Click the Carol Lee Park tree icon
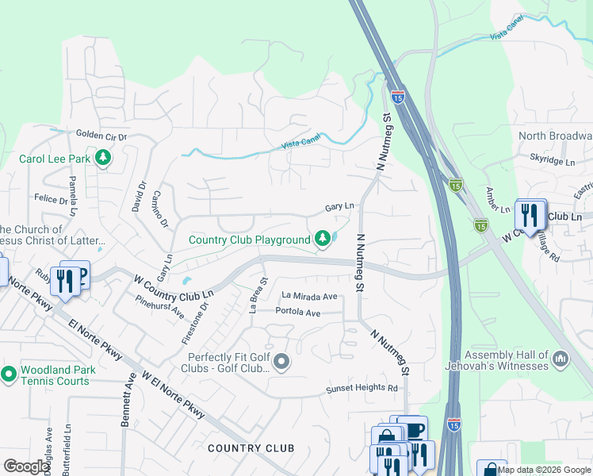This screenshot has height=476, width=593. (x=102, y=158)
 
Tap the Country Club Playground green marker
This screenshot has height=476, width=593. (x=323, y=239)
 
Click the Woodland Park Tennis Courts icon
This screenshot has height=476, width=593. (x=9, y=374)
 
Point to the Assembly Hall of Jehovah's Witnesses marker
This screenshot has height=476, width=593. (x=561, y=360)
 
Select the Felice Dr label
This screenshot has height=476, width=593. (x=52, y=199)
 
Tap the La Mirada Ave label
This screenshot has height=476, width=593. (x=310, y=296)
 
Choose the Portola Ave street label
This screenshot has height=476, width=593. (x=297, y=313)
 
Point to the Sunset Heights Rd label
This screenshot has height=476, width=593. (x=362, y=388)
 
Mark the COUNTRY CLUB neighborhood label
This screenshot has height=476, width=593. (x=251, y=448)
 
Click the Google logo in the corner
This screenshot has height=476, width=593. (x=26, y=466)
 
